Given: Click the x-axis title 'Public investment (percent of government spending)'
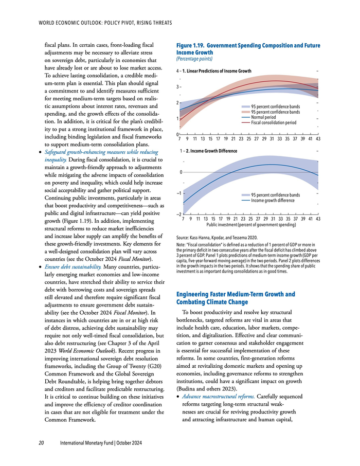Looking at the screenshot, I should tap(250, 225).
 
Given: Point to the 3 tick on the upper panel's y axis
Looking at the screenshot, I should tap(177, 87).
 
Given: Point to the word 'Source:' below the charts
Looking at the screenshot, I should tap(176, 237).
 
